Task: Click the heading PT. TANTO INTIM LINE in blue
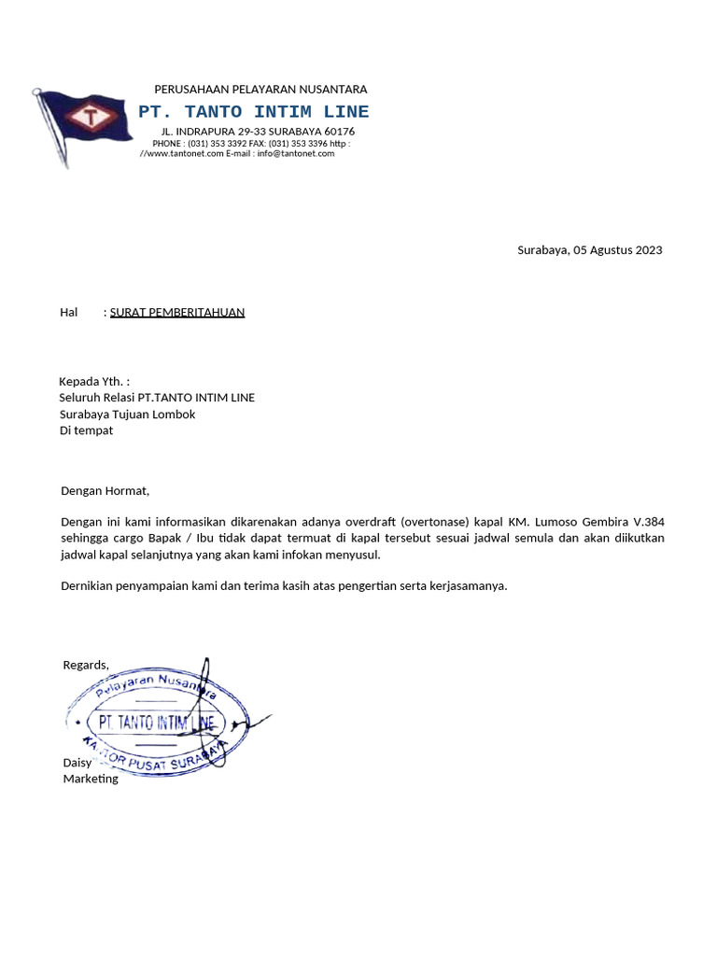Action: click(253, 112)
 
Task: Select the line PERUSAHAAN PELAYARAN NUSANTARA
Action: click(260, 90)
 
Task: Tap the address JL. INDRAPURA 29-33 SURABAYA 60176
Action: click(258, 132)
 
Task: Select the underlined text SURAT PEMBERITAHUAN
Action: click(177, 313)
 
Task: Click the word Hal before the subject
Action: click(69, 313)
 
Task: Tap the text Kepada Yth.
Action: click(93, 381)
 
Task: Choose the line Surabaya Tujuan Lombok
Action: click(128, 415)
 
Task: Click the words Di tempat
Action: click(87, 431)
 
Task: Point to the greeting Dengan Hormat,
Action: click(105, 491)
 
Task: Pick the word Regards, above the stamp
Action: click(86, 665)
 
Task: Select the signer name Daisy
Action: click(77, 763)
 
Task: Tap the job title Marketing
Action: click(91, 779)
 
